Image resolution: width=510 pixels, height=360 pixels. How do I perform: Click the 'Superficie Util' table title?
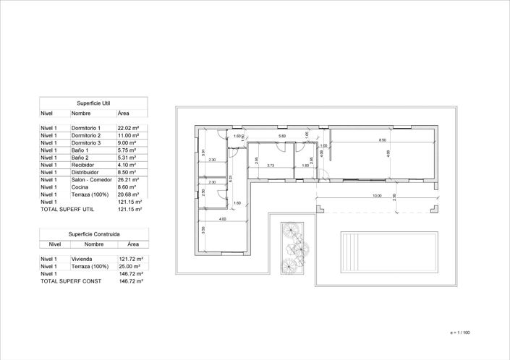(93, 103)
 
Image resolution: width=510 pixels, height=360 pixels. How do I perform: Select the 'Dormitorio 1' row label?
(86, 128)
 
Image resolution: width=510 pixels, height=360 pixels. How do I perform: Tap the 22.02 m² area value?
(128, 128)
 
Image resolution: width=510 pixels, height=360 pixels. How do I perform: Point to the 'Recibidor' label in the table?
(83, 165)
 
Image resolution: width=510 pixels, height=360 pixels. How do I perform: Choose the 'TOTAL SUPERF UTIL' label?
(67, 209)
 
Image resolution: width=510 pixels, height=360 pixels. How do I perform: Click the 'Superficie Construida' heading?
(94, 234)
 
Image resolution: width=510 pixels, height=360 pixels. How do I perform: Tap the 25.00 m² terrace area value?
(129, 266)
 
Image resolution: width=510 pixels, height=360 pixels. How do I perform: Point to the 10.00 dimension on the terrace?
(377, 195)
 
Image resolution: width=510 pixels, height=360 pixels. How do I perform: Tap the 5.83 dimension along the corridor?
(282, 136)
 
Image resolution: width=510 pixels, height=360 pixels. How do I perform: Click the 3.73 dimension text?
(270, 166)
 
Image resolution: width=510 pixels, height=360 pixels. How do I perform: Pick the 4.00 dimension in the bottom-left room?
(222, 219)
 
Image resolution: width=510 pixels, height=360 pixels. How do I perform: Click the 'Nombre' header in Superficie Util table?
(80, 113)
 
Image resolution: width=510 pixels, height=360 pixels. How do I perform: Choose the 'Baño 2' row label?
(80, 158)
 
